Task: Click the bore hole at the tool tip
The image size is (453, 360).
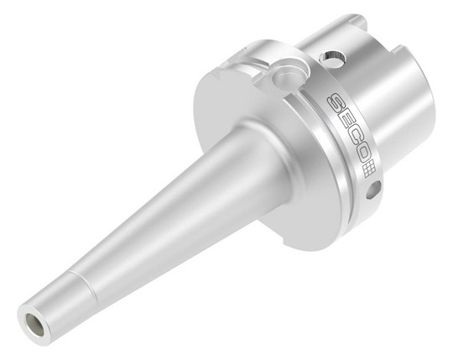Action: point(35,324)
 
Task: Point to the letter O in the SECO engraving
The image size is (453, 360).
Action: point(362,157)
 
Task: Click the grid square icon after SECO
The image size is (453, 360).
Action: point(369,171)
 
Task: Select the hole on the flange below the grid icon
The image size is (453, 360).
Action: point(373,190)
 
